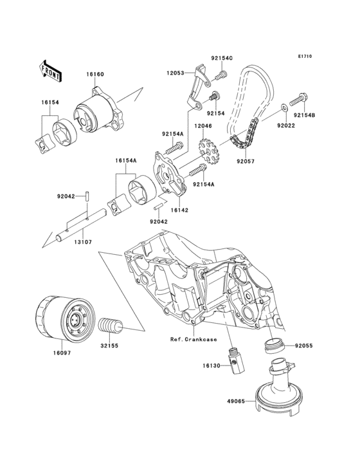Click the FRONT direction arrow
click(50, 71)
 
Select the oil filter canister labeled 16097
click(66, 319)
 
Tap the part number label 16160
click(95, 74)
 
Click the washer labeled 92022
click(283, 107)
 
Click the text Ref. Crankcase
click(194, 340)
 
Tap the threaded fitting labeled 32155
click(111, 326)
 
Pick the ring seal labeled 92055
click(274, 346)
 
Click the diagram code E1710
click(305, 56)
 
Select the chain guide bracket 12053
click(195, 88)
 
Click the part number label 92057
click(246, 162)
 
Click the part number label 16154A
click(125, 161)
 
